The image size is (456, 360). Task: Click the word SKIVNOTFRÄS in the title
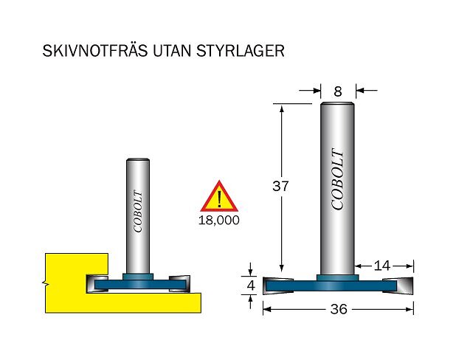tap(95, 50)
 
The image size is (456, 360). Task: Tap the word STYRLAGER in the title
tap(241, 51)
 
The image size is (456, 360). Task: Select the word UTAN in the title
tap(172, 51)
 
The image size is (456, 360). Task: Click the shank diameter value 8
tap(338, 92)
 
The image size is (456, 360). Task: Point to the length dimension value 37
tap(280, 186)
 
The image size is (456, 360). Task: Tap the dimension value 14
tap(381, 266)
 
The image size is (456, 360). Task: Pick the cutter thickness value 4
tap(251, 285)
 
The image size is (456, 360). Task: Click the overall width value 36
tap(339, 309)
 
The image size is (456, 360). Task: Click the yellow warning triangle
tap(219, 196)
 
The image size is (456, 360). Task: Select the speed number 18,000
tap(219, 220)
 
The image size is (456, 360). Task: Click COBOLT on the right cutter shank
tap(338, 179)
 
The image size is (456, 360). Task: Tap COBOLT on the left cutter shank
tap(138, 212)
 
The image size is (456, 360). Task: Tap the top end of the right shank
tap(337, 103)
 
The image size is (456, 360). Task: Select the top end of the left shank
tap(138, 160)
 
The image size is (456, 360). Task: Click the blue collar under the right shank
tap(337, 277)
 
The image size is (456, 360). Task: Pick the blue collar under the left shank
tap(138, 277)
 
